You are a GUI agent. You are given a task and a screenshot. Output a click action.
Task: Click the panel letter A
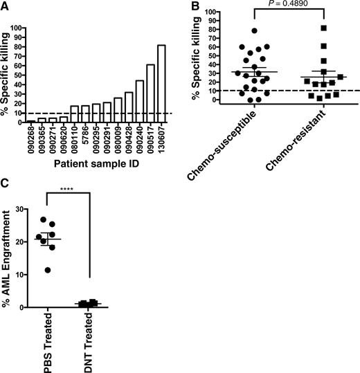pos(6,6)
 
